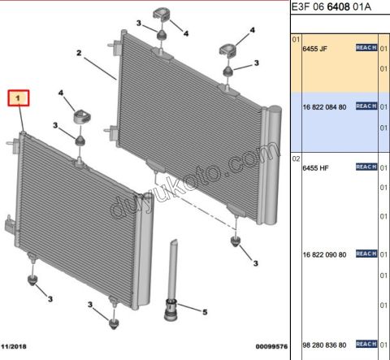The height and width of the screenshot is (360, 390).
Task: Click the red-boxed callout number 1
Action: (18, 98)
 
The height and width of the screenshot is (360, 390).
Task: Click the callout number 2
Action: (79, 53)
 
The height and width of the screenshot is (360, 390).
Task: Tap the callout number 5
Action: (205, 312)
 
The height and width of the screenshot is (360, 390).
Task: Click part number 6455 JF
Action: (314, 49)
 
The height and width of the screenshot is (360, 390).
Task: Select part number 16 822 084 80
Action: (324, 107)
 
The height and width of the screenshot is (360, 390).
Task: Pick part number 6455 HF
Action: (315, 168)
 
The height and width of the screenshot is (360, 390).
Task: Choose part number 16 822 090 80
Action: (324, 254)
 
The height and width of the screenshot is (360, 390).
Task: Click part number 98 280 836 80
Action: (324, 345)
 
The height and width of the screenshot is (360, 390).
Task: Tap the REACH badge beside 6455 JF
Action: (366, 48)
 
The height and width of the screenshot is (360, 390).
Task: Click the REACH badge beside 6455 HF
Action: (366, 167)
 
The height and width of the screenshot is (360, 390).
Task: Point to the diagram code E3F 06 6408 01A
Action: (331, 7)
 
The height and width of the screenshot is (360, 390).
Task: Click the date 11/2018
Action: (14, 346)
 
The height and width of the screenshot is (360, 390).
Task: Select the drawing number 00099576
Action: (271, 346)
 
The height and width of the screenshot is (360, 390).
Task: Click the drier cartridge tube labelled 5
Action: (171, 280)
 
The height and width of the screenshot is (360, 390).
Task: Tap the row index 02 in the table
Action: (296, 158)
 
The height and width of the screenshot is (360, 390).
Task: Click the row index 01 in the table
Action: (296, 40)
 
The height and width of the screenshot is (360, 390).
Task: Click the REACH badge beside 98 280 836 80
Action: (366, 344)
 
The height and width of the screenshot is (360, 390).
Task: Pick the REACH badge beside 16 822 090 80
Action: (366, 254)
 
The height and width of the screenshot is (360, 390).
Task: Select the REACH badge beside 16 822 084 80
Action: (366, 106)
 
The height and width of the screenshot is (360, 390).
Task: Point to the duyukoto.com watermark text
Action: (195, 180)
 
